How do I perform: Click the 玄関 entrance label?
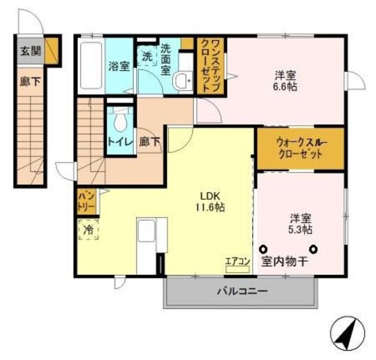pos(31,51)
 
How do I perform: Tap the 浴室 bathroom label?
pos(119,66)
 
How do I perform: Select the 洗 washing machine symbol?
pos(147,57)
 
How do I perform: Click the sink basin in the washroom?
pos(185,80)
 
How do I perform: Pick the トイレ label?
pos(120,142)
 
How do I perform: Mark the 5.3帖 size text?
pos(300,228)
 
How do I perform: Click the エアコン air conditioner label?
pos(238,263)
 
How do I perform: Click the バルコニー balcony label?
pos(242,291)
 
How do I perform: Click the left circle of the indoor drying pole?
pos(264,248)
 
